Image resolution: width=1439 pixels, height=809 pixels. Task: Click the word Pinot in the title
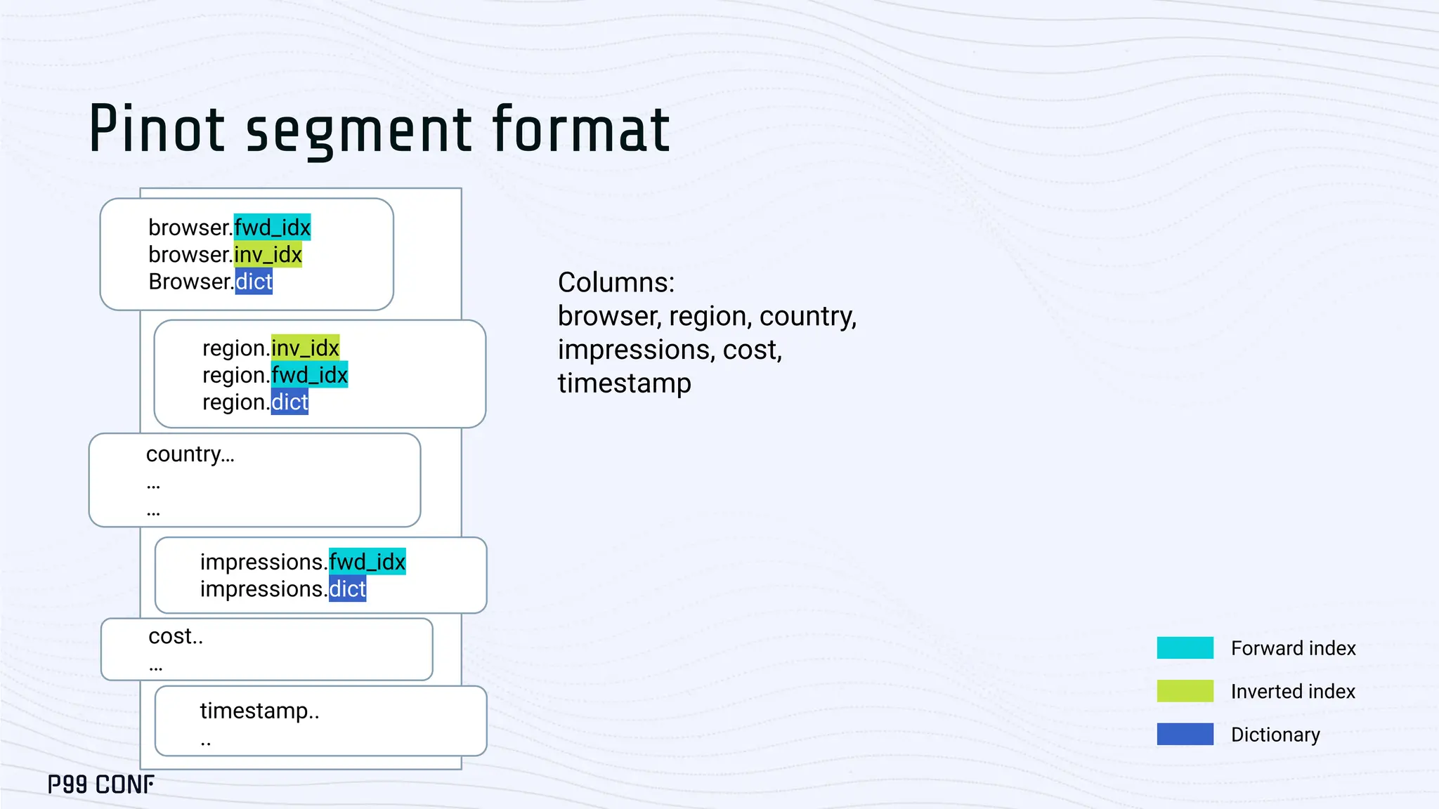(156, 129)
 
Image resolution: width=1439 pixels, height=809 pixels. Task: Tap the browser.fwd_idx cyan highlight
(272, 228)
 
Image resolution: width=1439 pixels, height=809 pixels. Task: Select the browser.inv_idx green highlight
(268, 254)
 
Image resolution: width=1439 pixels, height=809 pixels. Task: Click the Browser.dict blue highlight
(254, 282)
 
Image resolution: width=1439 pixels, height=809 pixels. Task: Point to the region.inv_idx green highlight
(305, 348)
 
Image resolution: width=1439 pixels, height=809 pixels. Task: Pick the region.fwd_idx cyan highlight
(309, 375)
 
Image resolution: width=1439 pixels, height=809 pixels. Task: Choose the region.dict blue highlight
(289, 402)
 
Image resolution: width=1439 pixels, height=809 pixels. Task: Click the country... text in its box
(190, 454)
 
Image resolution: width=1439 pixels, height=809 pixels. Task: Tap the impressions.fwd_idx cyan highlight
(367, 562)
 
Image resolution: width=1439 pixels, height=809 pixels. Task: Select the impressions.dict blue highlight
(347, 589)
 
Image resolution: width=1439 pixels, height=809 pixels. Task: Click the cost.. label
(176, 636)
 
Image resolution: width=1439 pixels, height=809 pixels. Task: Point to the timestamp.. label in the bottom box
(259, 711)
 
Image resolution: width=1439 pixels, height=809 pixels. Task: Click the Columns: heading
(616, 282)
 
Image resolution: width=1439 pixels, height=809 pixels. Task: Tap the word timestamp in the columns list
(624, 383)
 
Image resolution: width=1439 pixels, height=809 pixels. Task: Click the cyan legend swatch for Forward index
(1185, 647)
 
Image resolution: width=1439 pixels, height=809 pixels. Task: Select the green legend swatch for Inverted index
(1185, 691)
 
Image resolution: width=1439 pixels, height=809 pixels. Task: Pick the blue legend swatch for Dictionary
(1185, 734)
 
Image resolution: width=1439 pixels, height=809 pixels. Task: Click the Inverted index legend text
(1292, 692)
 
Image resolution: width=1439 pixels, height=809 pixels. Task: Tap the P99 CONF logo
(101, 784)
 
